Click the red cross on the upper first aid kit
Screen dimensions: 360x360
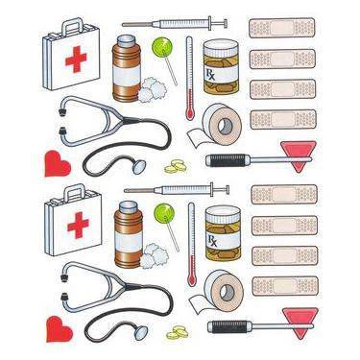(x=75, y=60)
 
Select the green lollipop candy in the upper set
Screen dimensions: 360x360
(x=161, y=46)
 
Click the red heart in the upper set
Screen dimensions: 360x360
(x=59, y=163)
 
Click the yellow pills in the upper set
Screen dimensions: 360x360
(x=176, y=167)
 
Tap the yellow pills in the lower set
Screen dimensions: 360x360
(x=176, y=332)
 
